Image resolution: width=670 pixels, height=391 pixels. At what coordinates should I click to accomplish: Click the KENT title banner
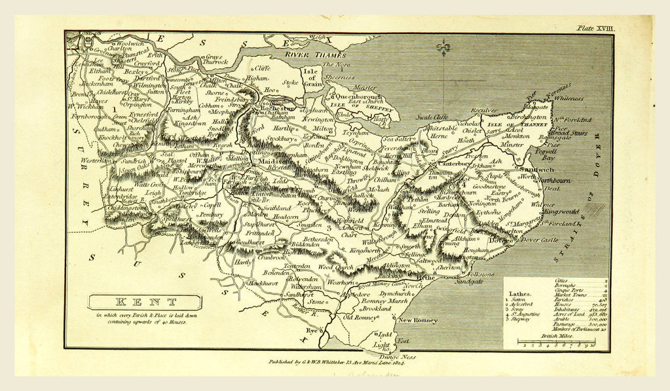click(x=146, y=303)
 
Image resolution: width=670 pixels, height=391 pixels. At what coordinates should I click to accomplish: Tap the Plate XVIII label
click(x=595, y=28)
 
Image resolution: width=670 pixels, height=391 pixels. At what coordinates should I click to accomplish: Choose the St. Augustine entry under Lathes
click(x=527, y=316)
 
